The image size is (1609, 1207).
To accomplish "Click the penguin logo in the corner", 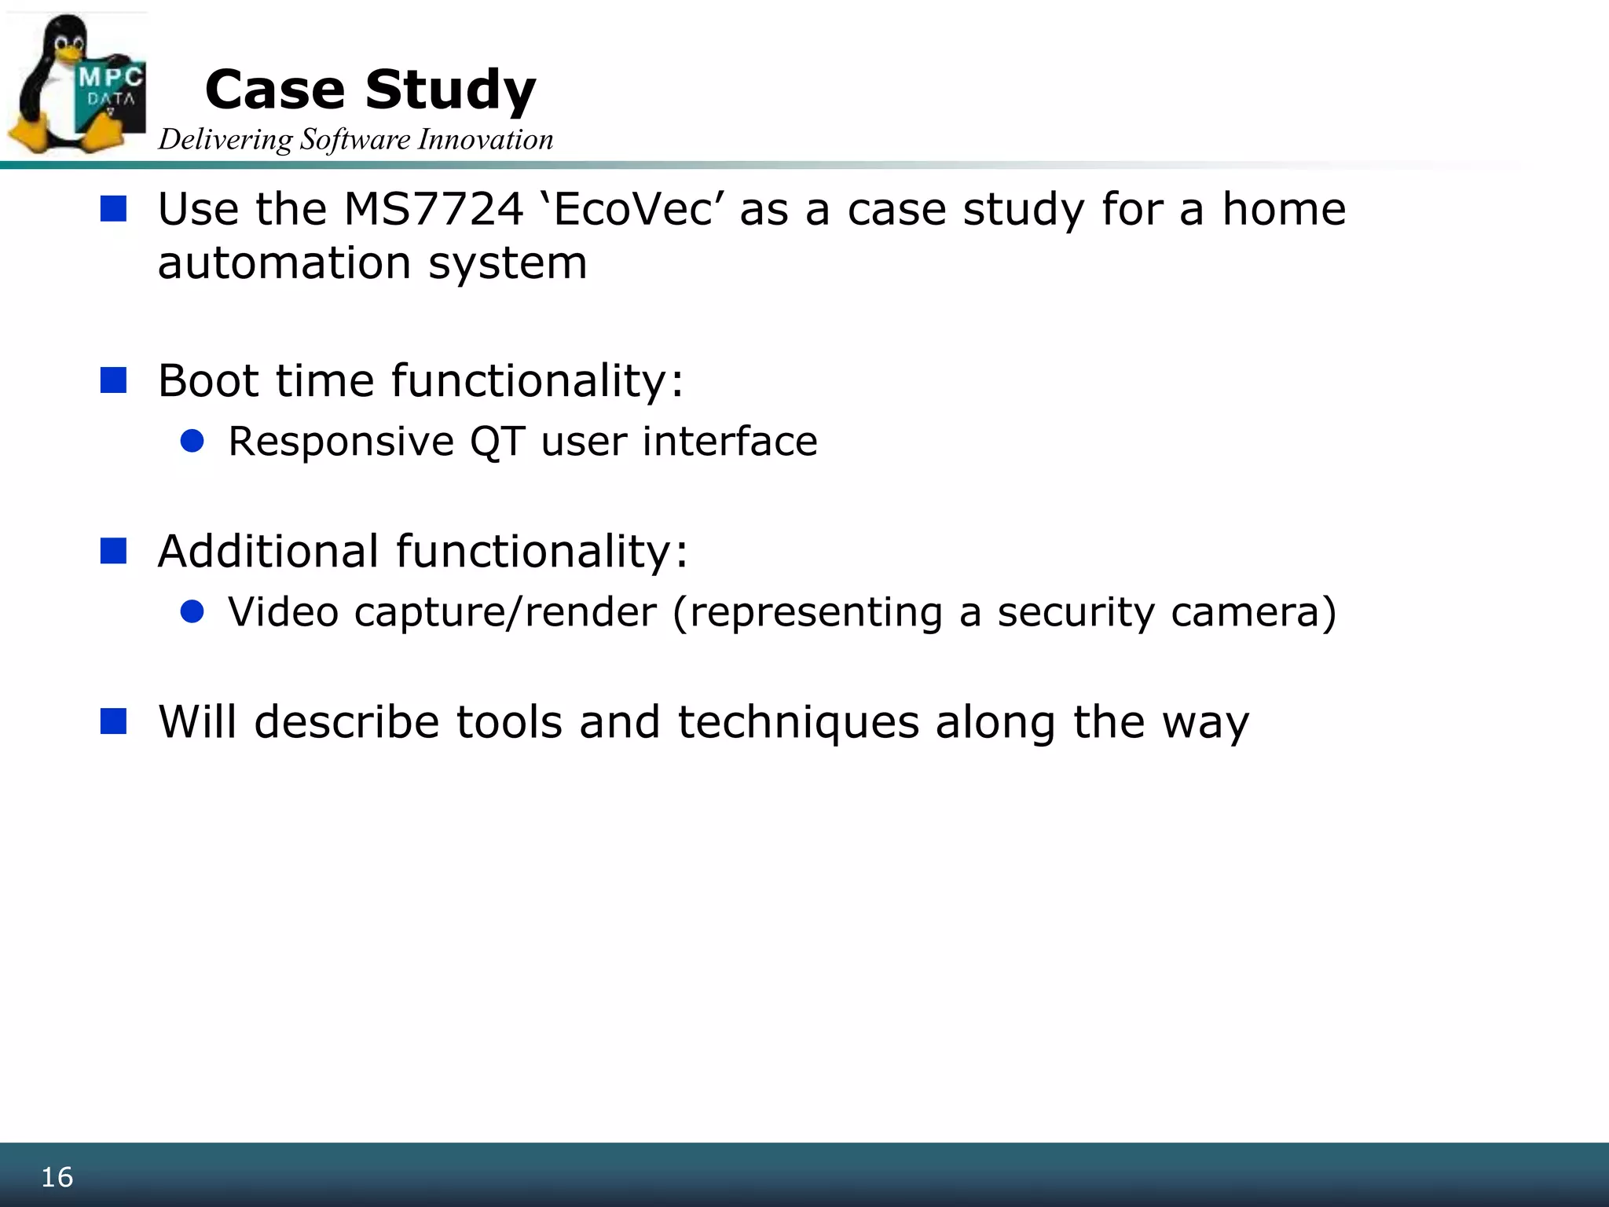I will coord(76,84).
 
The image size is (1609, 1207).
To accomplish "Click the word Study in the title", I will coord(450,90).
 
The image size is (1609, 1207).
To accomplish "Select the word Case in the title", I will coord(275,90).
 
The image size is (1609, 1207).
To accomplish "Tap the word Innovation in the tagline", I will coord(486,140).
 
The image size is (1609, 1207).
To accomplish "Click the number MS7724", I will coord(434,210).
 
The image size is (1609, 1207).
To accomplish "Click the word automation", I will coord(284,263).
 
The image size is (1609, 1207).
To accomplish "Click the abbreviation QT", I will coord(497,442).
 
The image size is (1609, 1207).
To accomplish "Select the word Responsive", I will coord(341,442).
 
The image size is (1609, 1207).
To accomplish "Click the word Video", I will coord(284,612).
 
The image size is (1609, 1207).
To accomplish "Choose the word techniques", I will coord(797,722).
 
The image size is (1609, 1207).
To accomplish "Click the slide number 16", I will coord(57,1177).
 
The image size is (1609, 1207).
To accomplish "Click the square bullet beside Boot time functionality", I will coord(114,380).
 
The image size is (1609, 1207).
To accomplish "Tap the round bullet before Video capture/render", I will coord(192,611).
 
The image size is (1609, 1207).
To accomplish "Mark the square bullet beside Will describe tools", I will coord(114,721).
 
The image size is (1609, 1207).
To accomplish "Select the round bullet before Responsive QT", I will coord(192,441).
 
